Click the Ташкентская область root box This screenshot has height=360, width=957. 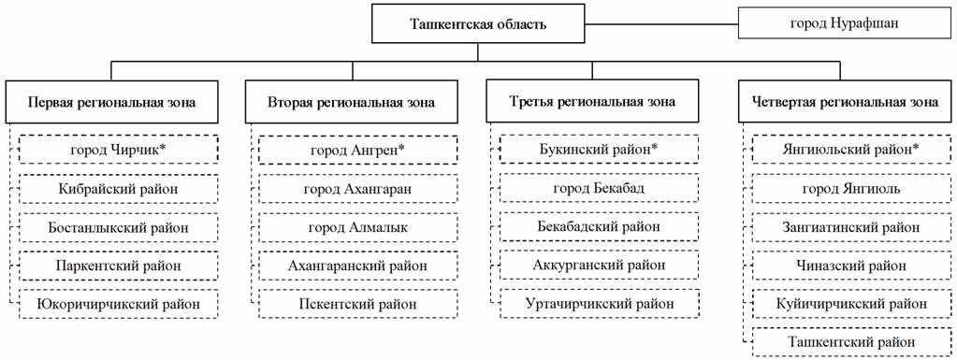click(x=478, y=24)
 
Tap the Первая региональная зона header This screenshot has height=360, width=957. click(x=111, y=102)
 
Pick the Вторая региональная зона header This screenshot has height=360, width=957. click(x=352, y=102)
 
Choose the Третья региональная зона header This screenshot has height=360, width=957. click(x=592, y=102)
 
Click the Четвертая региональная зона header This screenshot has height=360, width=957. click(x=844, y=102)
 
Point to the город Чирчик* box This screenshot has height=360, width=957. click(x=119, y=150)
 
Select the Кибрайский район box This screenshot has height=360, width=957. click(x=119, y=189)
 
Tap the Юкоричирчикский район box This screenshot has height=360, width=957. click(x=119, y=303)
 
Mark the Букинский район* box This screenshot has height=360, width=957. click(x=599, y=150)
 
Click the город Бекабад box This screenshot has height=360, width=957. click(x=599, y=189)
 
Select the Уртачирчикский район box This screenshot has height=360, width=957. click(x=599, y=303)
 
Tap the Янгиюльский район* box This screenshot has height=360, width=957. click(x=851, y=150)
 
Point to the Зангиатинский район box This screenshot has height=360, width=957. click(x=851, y=227)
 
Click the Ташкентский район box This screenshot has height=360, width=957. click(x=851, y=341)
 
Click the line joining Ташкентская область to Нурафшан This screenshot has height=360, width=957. click(x=661, y=24)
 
